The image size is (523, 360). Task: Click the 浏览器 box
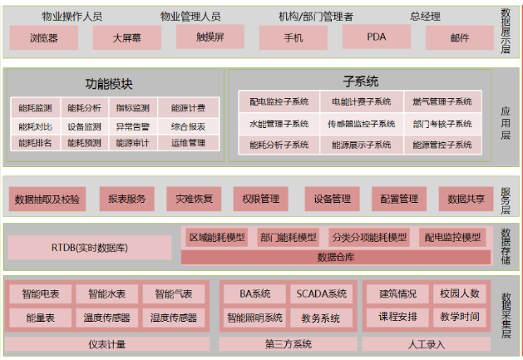pyautogui.click(x=43, y=37)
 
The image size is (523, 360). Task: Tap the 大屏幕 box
pyautogui.click(x=126, y=37)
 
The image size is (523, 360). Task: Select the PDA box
pyautogui.click(x=376, y=37)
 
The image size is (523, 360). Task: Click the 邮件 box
pyautogui.click(x=459, y=37)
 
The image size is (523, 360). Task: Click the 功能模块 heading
pyautogui.click(x=109, y=84)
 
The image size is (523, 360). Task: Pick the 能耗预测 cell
pyautogui.click(x=84, y=143)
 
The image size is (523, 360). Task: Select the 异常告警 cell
pyautogui.click(x=132, y=126)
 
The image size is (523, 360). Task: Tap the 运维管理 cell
pyautogui.click(x=188, y=143)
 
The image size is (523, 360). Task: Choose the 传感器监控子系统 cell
pyautogui.click(x=361, y=124)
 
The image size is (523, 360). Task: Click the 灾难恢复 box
pyautogui.click(x=194, y=199)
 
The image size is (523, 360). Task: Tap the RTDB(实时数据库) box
pyautogui.click(x=91, y=247)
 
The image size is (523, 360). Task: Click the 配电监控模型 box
pyautogui.click(x=452, y=237)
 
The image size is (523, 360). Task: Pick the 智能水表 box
pyautogui.click(x=107, y=293)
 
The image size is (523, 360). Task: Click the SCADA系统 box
pyautogui.click(x=320, y=293)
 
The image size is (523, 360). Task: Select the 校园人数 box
pyautogui.click(x=459, y=293)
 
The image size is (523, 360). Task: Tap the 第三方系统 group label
pyautogui.click(x=288, y=343)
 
